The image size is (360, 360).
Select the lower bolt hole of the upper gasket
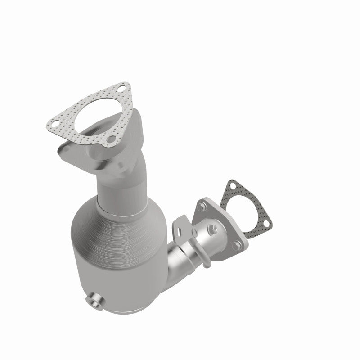(x=109, y=145)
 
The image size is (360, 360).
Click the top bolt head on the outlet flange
(x=202, y=207)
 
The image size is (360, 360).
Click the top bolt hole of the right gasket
(x=233, y=184)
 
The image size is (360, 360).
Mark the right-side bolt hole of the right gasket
(x=265, y=223)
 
